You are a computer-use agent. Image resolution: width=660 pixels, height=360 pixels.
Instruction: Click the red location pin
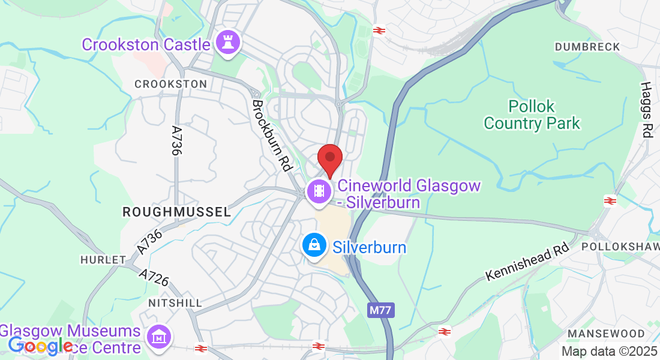click(329, 159)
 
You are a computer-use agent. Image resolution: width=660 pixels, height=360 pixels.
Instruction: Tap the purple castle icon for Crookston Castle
click(229, 43)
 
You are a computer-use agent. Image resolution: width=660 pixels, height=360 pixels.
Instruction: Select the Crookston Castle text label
click(146, 44)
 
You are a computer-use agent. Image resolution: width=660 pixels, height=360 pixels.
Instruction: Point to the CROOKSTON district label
click(170, 85)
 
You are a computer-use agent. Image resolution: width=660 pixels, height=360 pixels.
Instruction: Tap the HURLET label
click(103, 260)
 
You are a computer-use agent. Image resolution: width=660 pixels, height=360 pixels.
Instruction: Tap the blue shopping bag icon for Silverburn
click(314, 245)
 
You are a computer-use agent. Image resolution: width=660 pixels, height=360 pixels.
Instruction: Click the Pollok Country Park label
click(532, 115)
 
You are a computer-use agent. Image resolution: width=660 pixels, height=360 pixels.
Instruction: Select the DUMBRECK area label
click(583, 47)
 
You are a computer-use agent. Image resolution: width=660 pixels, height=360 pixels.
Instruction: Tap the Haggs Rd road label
click(646, 110)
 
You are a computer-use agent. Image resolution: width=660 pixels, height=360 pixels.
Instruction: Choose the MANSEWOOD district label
click(606, 334)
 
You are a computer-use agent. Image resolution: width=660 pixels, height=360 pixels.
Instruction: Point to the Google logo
click(40, 346)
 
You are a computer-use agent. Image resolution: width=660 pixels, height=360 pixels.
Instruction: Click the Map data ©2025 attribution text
click(608, 351)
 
